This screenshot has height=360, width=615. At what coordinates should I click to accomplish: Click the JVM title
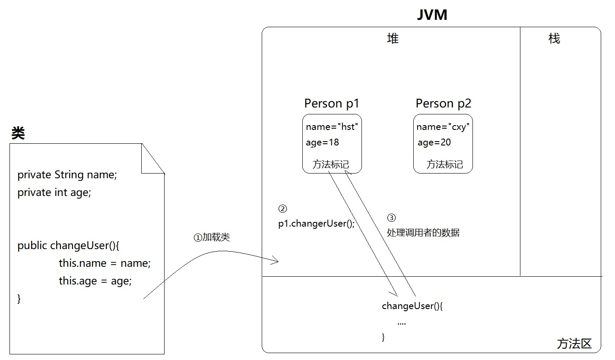click(x=432, y=15)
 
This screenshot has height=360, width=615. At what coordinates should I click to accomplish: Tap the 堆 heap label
click(x=393, y=38)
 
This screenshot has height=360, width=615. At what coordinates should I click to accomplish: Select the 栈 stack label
click(x=554, y=38)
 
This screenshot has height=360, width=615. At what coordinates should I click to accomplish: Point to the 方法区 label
click(x=574, y=344)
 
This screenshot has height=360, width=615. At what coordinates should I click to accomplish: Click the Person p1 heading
click(x=332, y=104)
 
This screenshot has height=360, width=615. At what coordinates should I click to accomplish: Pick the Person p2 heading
click(x=444, y=104)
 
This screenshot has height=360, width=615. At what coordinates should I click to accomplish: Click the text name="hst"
click(x=332, y=127)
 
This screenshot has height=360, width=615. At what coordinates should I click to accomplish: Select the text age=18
click(x=322, y=142)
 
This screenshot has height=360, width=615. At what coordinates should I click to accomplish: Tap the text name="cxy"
click(x=443, y=127)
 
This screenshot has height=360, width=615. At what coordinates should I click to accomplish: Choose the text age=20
click(x=434, y=142)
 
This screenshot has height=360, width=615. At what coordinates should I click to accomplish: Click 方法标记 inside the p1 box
click(x=330, y=164)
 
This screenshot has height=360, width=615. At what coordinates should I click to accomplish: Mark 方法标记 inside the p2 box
click(x=444, y=164)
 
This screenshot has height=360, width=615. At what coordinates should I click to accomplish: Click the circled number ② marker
click(x=282, y=209)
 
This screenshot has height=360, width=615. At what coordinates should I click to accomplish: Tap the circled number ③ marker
click(x=391, y=218)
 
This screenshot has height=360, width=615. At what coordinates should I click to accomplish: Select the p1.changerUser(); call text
click(x=316, y=224)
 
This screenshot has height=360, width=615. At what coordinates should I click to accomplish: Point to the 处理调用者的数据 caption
click(x=423, y=233)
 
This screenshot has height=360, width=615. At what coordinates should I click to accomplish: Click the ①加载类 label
click(x=212, y=237)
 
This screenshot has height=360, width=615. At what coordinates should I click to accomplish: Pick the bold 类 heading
click(x=18, y=133)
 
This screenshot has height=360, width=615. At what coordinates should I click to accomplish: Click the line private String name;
click(x=67, y=175)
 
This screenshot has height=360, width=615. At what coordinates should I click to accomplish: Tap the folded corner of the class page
click(x=152, y=158)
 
